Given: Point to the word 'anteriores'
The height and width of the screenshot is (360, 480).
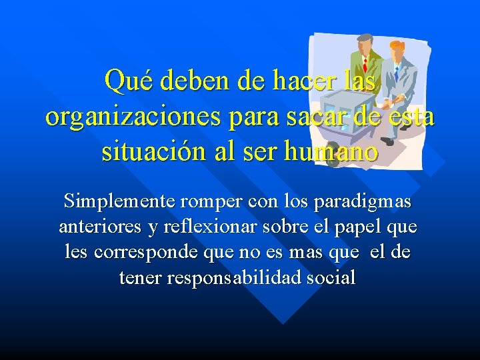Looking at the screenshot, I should (100, 227).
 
